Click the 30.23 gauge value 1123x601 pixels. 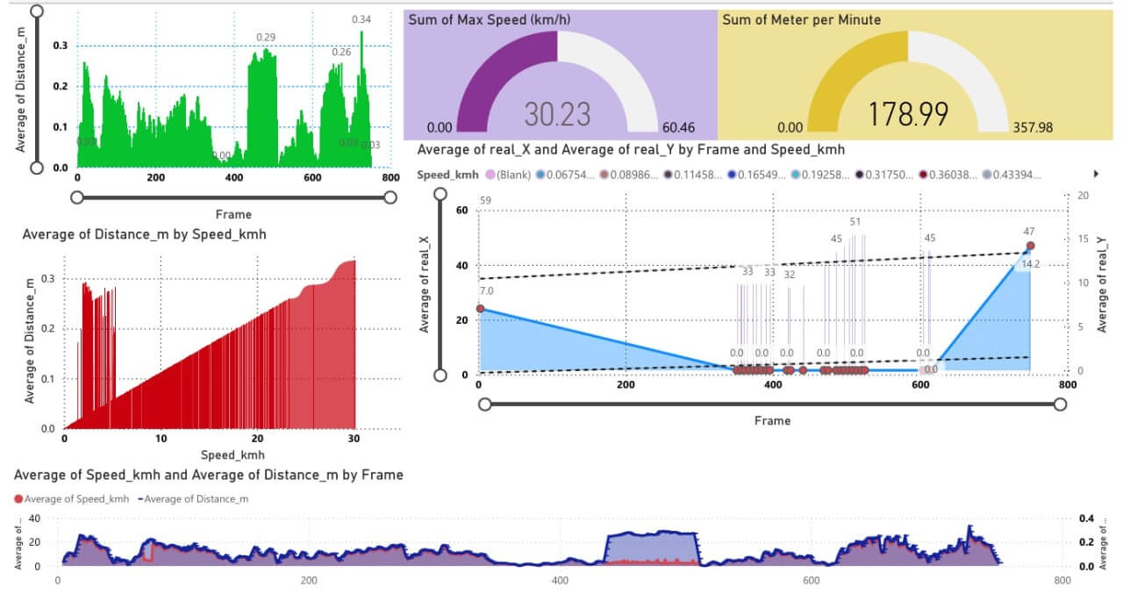[557, 114]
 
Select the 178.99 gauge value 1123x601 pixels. [907, 114]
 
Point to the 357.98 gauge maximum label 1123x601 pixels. [1033, 128]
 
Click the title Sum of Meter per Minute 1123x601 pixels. [801, 19]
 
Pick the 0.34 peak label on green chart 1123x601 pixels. [361, 19]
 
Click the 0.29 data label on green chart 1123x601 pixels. [266, 37]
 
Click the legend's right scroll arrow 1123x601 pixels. [1094, 174]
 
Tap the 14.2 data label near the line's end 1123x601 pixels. [1031, 264]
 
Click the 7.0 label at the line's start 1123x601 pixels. [486, 291]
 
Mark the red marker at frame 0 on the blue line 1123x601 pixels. [479, 309]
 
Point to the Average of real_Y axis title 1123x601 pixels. [1103, 283]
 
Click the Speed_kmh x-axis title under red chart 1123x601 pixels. [232, 455]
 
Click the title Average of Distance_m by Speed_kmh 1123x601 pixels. [144, 235]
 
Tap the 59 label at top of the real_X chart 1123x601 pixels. [485, 201]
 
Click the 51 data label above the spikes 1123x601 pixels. [855, 222]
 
